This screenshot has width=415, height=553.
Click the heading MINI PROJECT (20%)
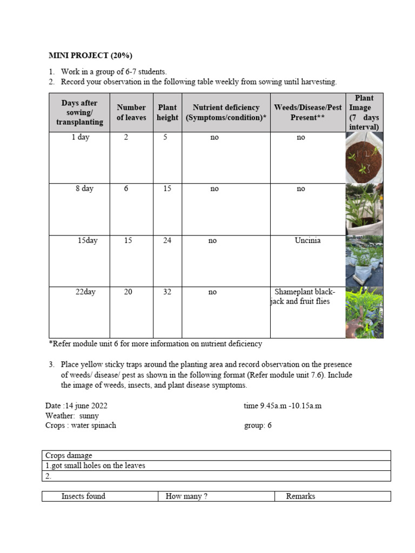pos(90,56)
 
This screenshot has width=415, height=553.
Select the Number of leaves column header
pos(131,112)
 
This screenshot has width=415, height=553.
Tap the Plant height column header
pos(168,112)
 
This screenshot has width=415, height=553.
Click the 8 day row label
pos(84,189)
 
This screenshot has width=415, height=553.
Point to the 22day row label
pos(85,292)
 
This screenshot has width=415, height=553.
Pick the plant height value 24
pos(168,241)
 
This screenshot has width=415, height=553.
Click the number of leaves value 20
pos(128,292)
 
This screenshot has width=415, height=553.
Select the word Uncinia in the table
pos(307,241)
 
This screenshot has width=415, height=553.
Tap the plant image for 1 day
pos(364,157)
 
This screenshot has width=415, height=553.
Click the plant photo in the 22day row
pos(364,312)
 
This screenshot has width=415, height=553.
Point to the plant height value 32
pos(168,292)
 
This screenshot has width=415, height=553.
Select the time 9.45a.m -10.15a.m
pos(283,406)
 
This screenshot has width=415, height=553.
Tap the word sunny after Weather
pos(89,416)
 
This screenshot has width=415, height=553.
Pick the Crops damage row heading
pos(69,456)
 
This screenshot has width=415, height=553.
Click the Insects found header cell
pos(83,496)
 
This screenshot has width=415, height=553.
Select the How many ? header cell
pos(186,496)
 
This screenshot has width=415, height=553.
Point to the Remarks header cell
pos(300,496)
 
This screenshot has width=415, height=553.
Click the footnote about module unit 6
pos(156,344)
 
